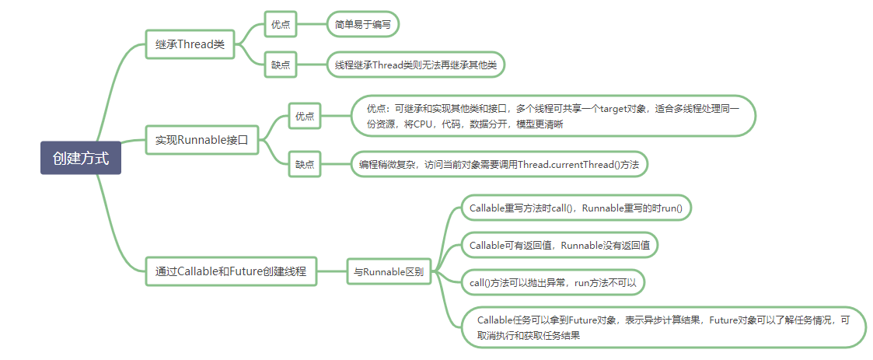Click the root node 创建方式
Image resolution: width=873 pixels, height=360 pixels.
click(x=81, y=158)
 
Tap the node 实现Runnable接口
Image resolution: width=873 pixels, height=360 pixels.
click(x=201, y=140)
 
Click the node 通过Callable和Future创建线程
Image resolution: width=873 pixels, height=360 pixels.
click(x=231, y=271)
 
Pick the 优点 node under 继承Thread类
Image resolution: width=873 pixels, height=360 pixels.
click(x=280, y=25)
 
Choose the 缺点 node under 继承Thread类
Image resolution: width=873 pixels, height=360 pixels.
click(x=280, y=65)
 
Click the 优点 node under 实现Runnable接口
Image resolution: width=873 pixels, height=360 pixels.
click(x=304, y=117)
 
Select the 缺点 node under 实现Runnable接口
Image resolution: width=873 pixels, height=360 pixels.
click(x=304, y=164)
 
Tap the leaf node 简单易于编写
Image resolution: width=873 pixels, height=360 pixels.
click(x=362, y=25)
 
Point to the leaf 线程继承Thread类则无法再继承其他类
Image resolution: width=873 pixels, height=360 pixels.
click(x=415, y=65)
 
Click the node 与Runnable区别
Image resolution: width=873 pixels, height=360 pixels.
click(x=389, y=271)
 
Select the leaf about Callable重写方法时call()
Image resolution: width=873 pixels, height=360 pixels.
click(x=580, y=208)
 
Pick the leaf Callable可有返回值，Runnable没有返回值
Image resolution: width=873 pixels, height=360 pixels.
click(x=560, y=245)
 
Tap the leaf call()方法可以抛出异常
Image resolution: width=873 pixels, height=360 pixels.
click(x=553, y=282)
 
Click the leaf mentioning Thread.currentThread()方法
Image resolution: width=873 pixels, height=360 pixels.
click(x=498, y=164)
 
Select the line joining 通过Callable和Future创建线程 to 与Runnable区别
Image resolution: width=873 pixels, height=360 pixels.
click(x=331, y=271)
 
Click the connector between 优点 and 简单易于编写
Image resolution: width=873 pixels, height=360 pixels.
click(x=310, y=25)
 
